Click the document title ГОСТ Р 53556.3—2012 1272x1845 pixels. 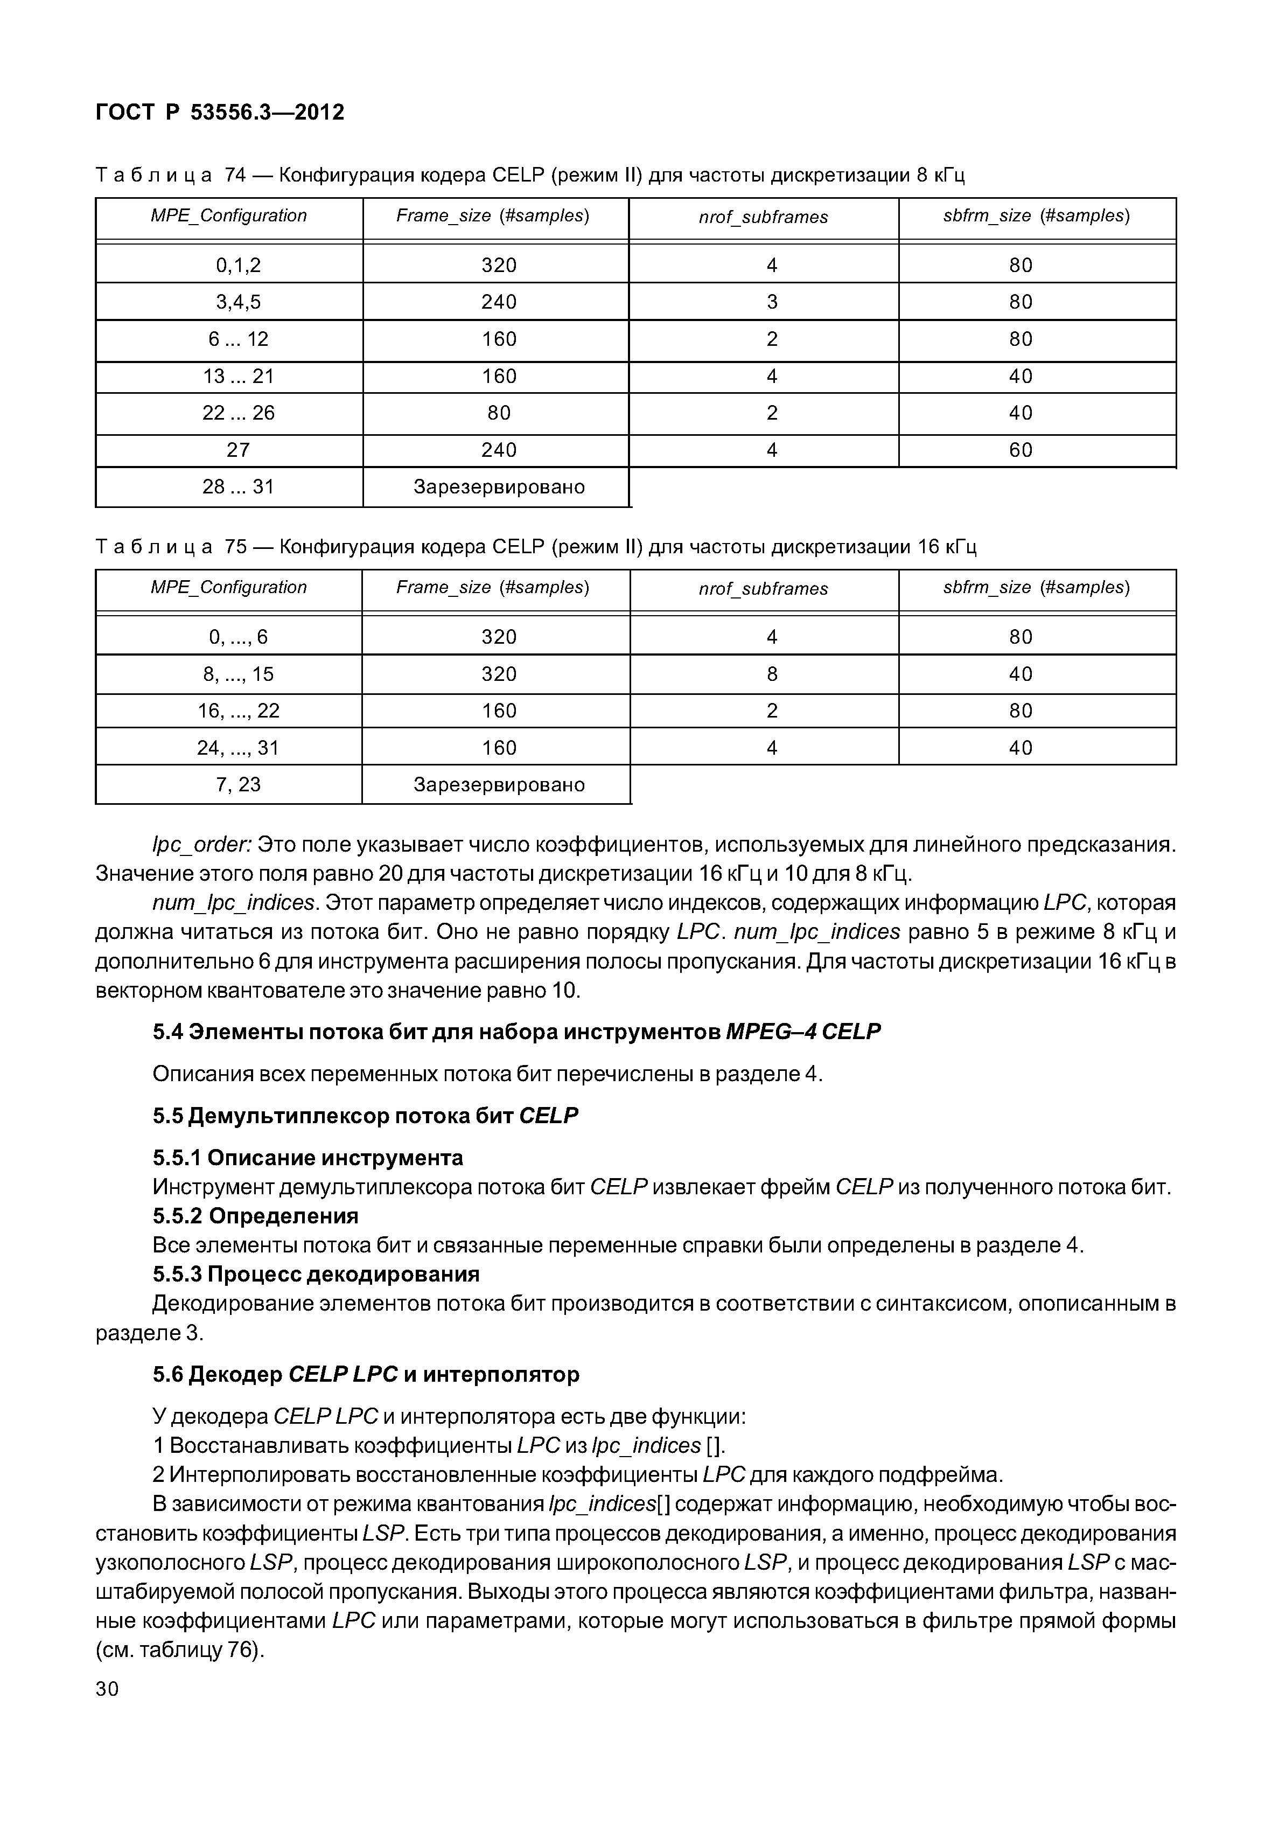point(220,113)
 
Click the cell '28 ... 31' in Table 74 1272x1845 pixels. point(239,487)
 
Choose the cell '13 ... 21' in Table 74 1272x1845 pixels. point(239,377)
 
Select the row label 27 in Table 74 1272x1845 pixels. point(239,450)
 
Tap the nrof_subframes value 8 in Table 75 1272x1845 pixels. point(772,674)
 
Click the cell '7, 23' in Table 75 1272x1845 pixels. point(239,784)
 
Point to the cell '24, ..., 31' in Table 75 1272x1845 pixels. point(239,748)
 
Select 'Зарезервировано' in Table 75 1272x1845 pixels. point(499,784)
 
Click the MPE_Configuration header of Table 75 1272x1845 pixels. point(229,588)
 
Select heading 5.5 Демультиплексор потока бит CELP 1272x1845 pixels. point(365,1116)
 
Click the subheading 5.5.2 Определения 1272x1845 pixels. point(255,1216)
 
